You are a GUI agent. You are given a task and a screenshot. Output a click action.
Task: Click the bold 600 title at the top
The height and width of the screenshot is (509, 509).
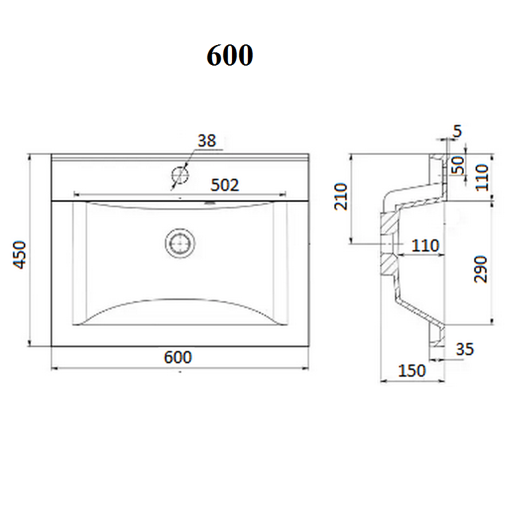230,55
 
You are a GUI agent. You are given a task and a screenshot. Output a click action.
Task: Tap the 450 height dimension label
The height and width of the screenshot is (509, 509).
19,254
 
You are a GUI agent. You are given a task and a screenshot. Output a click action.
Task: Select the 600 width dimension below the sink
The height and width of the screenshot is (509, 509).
178,357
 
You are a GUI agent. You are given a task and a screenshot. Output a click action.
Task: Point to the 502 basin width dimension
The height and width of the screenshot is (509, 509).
225,186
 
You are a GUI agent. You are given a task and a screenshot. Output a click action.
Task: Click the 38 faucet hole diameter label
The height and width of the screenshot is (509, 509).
207,141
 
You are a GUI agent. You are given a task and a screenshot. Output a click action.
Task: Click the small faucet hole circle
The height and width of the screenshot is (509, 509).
180,175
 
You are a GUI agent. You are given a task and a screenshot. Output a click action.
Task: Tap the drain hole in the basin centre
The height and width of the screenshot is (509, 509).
180,243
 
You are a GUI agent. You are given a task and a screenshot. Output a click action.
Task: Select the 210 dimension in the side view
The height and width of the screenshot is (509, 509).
341,197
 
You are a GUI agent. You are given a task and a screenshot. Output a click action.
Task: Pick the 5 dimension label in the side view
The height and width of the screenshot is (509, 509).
457,131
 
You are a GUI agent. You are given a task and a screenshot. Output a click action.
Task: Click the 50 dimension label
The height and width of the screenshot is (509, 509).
458,165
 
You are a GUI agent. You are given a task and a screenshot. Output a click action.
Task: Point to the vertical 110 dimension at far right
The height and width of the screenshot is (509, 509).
482,178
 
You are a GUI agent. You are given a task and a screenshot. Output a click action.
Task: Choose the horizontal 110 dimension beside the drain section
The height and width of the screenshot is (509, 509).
425,246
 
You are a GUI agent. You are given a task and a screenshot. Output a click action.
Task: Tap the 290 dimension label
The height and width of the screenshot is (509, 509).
481,270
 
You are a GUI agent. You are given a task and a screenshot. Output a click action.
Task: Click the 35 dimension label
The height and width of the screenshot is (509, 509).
465,349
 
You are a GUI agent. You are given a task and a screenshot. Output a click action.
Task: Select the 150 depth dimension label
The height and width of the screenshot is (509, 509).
412,371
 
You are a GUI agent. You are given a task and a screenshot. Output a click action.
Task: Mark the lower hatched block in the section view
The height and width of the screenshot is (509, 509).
390,264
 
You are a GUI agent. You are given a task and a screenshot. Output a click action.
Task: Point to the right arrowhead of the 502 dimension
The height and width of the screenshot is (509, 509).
282,194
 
